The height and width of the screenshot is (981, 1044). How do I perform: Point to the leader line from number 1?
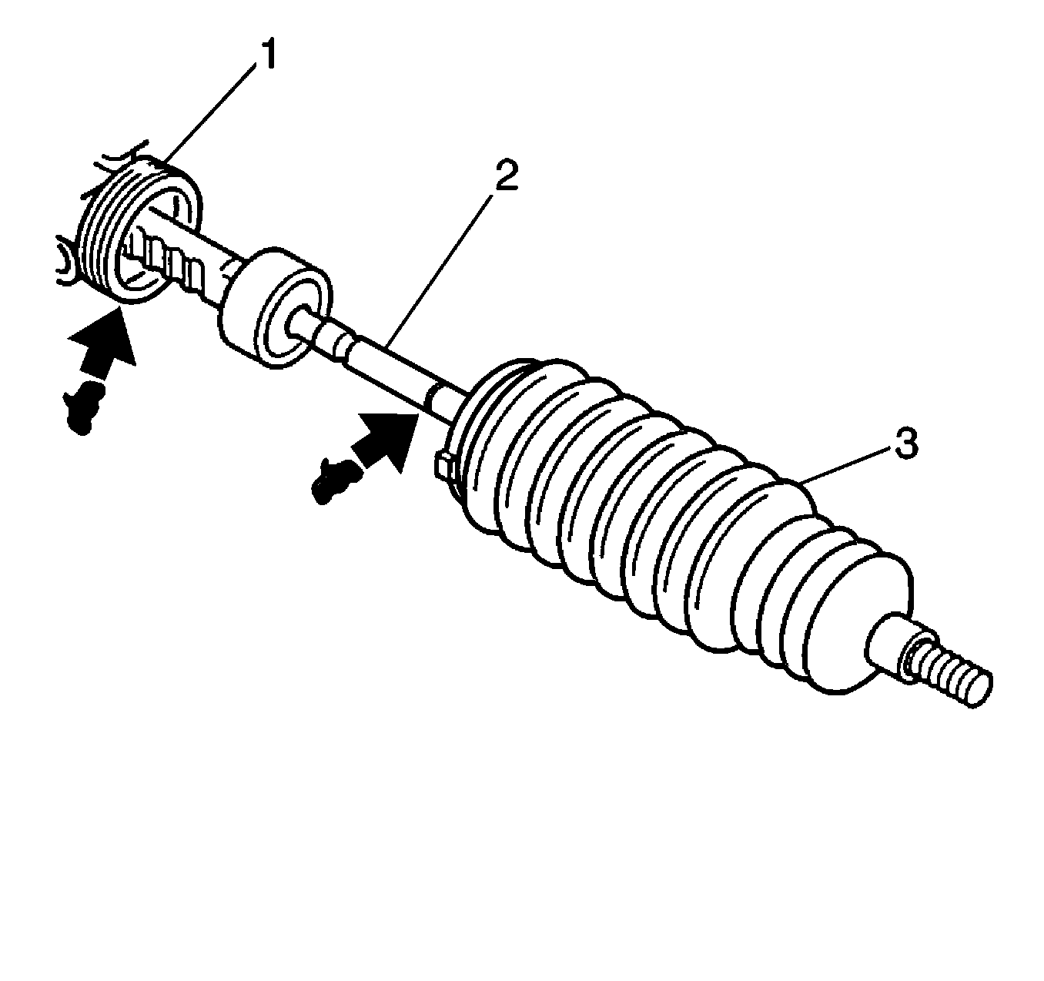coord(209,112)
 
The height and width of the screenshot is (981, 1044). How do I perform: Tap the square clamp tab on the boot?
coord(444,466)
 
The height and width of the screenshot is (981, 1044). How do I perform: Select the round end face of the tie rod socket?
coord(293,323)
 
